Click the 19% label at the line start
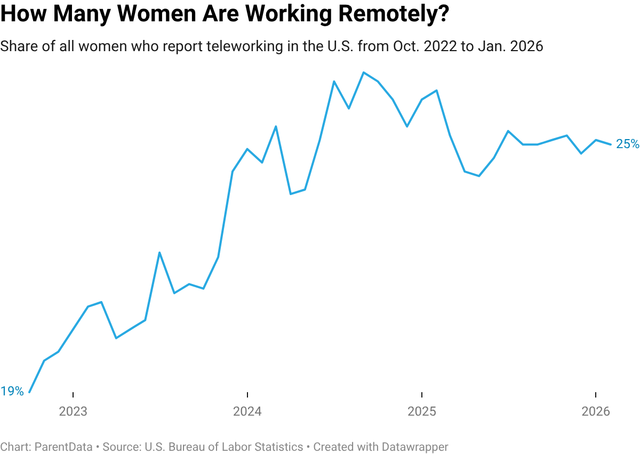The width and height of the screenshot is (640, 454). (x=12, y=391)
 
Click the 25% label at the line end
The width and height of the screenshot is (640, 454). (x=627, y=144)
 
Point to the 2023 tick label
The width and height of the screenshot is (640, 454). (x=73, y=411)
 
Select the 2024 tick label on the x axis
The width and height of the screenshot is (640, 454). (x=247, y=411)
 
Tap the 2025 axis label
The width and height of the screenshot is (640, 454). (x=422, y=411)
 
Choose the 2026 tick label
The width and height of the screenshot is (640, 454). (x=596, y=411)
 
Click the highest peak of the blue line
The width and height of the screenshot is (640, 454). (x=363, y=72)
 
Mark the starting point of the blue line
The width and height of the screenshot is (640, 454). (x=30, y=392)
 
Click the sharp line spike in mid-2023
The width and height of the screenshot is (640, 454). (x=159, y=253)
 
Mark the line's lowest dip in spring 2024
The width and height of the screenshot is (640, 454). (x=291, y=194)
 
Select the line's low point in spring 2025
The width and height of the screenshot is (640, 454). (x=479, y=176)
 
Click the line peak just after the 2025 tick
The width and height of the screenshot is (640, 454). (x=437, y=90)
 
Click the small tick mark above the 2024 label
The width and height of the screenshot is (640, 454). (x=247, y=396)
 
